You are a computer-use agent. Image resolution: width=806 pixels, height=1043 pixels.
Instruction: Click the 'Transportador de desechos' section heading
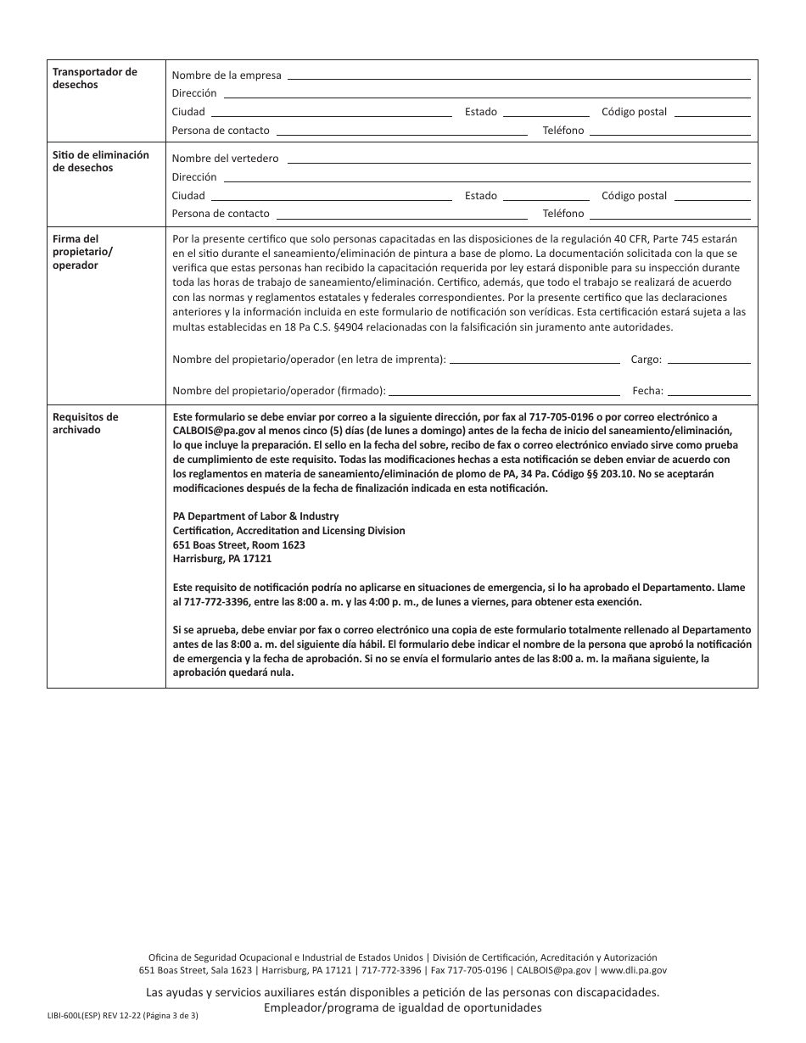[x=94, y=78]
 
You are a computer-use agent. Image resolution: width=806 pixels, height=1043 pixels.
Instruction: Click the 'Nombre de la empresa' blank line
[x=518, y=77]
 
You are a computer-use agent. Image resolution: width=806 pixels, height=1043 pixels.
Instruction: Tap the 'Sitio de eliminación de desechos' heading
[x=100, y=161]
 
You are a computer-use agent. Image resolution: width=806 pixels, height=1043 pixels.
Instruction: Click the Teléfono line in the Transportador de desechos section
[x=669, y=133]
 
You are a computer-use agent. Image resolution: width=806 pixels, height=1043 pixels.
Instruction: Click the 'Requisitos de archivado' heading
[x=85, y=423]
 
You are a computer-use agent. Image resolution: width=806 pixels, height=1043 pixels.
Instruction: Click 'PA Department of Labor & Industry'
[x=255, y=516]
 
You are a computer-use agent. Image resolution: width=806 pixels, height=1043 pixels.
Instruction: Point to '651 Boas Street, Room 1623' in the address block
[x=238, y=545]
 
